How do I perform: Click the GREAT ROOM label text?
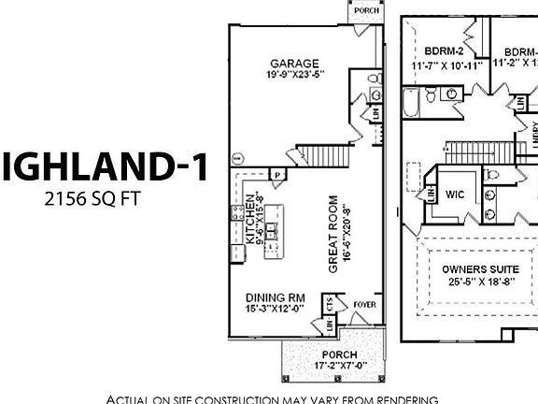click(333, 235)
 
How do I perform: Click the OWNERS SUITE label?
click(476, 269)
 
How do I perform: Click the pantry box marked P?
click(277, 174)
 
